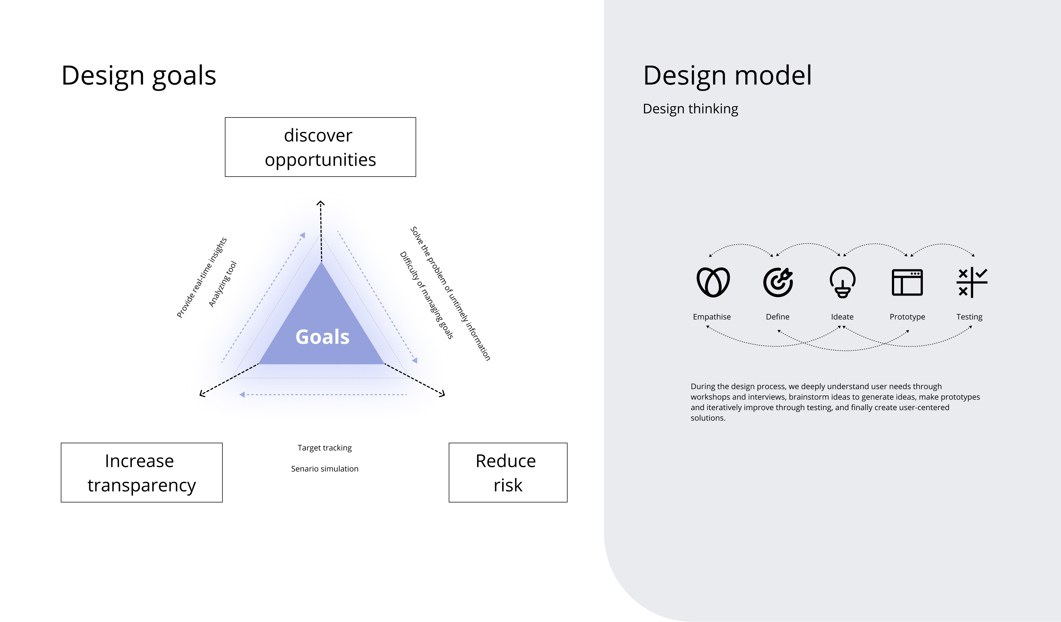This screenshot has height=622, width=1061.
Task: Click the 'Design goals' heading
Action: [x=139, y=76]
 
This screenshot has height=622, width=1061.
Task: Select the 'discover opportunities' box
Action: [x=321, y=147]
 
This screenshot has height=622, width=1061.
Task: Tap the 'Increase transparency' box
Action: [x=141, y=472]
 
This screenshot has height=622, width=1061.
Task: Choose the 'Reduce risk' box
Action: [x=508, y=472]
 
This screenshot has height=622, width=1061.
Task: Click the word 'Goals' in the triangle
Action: [x=322, y=337]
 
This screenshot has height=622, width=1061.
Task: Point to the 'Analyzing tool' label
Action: [x=223, y=284]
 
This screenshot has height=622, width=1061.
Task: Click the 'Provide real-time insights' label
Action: [x=202, y=277]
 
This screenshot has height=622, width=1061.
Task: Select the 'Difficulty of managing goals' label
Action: [x=427, y=295]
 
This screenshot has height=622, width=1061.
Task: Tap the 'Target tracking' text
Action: [x=325, y=448]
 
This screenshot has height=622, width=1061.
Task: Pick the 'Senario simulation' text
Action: [x=325, y=469]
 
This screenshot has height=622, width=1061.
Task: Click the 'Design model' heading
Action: [x=727, y=76]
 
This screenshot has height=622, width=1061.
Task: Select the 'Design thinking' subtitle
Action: [x=690, y=109]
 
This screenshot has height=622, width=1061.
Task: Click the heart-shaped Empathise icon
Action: [x=713, y=282]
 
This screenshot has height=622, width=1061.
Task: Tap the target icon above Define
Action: [x=778, y=282]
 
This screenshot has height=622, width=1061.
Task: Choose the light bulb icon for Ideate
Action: [x=842, y=282]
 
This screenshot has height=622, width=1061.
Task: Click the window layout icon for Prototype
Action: [x=907, y=282]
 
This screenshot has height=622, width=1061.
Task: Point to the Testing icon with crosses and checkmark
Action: [x=971, y=282]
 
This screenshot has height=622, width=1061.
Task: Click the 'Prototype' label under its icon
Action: [x=907, y=317]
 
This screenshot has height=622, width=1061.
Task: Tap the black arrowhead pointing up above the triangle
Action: [x=321, y=203]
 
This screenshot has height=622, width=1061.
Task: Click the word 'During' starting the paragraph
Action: [x=702, y=387]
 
